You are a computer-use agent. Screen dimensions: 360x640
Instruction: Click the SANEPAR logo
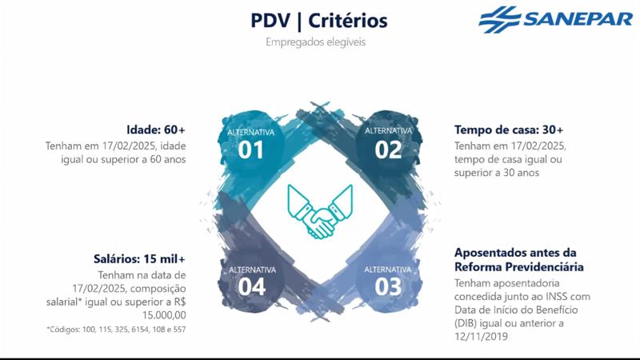coord(555,18)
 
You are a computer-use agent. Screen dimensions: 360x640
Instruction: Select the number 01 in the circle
coord(251,149)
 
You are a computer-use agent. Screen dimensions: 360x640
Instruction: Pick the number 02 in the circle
coord(388,149)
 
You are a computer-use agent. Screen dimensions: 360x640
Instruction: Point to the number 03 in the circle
coord(388,286)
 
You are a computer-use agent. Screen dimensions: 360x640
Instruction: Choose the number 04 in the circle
coord(251,286)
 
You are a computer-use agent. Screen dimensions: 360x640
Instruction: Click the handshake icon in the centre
coord(319,210)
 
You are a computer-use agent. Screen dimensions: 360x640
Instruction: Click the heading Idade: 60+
coord(156,130)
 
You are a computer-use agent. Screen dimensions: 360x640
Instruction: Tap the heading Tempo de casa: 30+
coord(509,130)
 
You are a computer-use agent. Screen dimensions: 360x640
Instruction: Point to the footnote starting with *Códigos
coord(117,329)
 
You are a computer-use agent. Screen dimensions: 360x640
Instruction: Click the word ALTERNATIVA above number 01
coord(251,130)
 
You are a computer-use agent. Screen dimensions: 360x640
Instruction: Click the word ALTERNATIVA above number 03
coord(388,269)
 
